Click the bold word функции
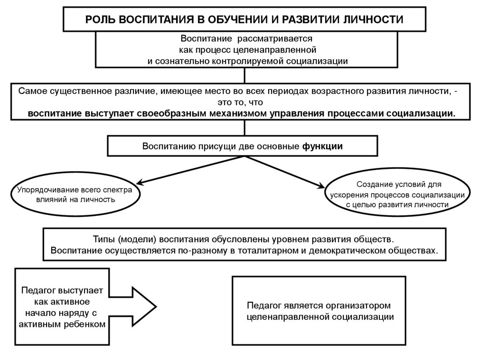(x=322, y=146)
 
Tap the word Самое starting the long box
(x=31, y=91)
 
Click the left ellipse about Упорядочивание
(x=75, y=195)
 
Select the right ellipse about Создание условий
(x=398, y=194)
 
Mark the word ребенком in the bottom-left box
(x=84, y=324)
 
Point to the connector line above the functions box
(x=244, y=128)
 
